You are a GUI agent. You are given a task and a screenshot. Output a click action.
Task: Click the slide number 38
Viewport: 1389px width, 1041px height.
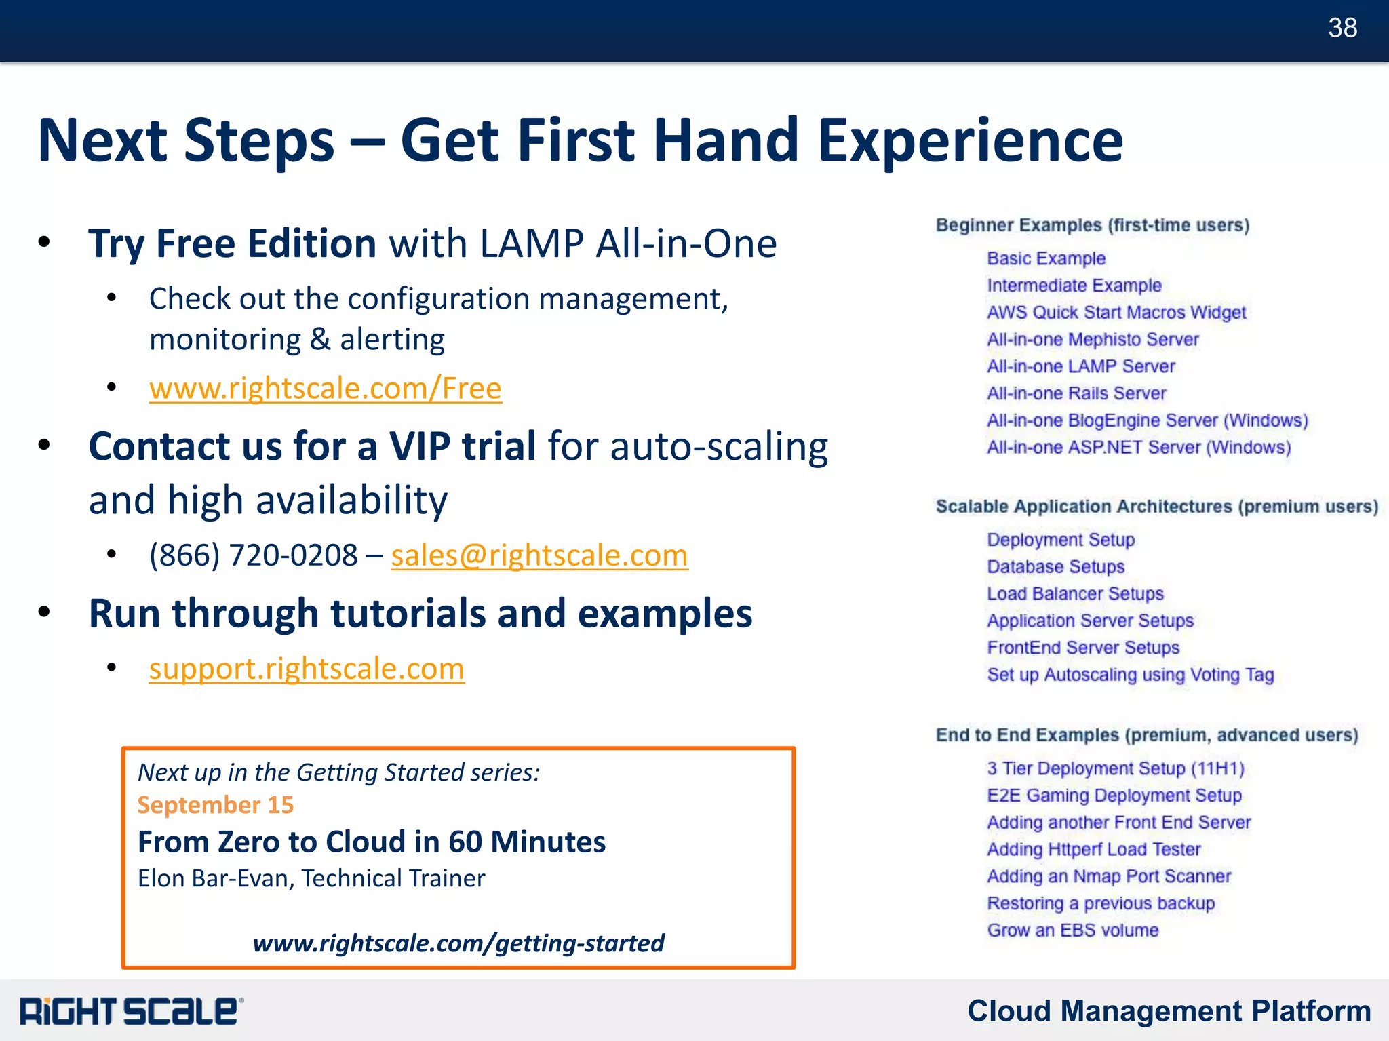[1342, 28]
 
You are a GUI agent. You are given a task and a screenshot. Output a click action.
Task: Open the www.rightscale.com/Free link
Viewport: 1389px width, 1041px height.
[325, 389]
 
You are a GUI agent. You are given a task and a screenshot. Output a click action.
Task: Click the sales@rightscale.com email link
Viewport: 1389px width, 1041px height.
[539, 555]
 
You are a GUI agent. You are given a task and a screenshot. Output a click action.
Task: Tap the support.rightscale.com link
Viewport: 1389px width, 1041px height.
[307, 669]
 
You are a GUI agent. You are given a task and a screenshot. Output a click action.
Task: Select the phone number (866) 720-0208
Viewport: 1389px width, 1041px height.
[253, 555]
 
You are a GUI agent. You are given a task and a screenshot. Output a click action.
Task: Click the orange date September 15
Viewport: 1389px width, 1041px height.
[216, 805]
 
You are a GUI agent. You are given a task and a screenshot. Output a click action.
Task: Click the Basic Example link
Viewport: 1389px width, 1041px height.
[1046, 258]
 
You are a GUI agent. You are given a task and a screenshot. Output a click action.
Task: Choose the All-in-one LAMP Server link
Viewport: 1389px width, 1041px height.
[1080, 366]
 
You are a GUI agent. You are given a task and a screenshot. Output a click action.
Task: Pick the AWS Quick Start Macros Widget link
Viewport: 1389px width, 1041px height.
[1116, 313]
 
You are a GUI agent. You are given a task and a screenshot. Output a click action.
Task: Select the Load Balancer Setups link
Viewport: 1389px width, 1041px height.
[1075, 593]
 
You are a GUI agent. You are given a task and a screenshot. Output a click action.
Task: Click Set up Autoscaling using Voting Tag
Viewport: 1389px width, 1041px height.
[1130, 675]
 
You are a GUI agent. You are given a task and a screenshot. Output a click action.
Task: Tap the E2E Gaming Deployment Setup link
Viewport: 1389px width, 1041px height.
[1114, 795]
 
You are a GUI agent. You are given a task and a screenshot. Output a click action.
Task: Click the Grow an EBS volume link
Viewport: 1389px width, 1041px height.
[1072, 930]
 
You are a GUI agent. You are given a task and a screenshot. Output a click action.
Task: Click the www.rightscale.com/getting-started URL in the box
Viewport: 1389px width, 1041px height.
[458, 943]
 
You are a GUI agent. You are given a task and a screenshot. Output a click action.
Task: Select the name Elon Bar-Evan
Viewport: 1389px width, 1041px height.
[216, 878]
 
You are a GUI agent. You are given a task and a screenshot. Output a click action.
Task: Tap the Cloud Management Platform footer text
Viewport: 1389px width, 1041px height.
[1169, 1010]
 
